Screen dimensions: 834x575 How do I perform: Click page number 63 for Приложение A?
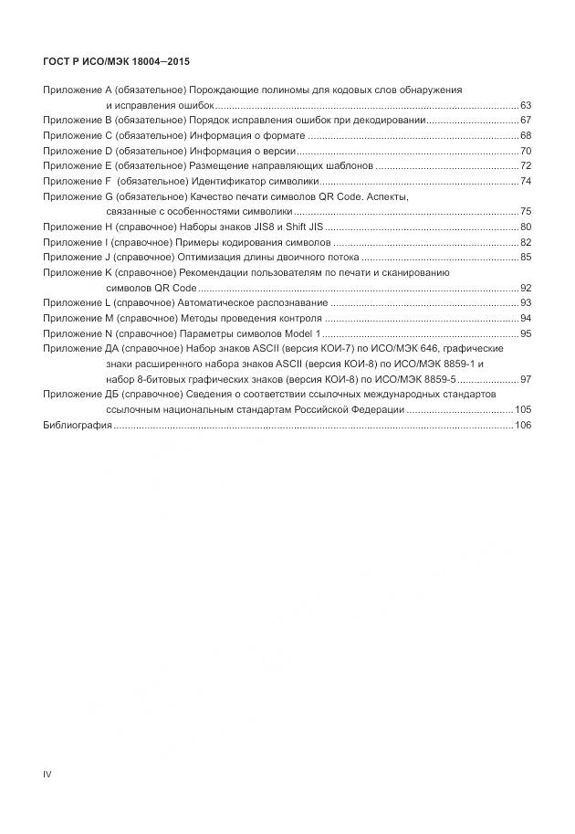coord(526,106)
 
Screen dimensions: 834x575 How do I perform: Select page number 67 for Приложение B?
coord(526,121)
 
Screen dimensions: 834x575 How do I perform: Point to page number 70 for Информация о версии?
coord(526,151)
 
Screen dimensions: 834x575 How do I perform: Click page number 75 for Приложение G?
coord(526,211)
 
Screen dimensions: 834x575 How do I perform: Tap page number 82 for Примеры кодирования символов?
coord(526,242)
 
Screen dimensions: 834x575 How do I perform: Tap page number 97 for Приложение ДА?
coord(526,379)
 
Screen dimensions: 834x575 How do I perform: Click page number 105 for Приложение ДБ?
coord(523,409)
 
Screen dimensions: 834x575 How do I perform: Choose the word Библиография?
coord(77,425)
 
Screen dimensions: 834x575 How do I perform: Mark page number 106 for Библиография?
coord(523,425)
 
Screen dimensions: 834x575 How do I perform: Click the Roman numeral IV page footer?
coord(47,775)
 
